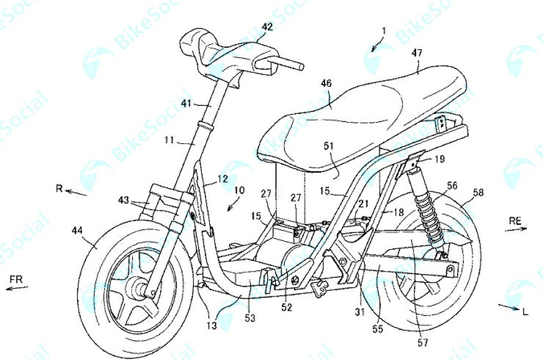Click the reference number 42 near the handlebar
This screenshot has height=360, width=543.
pos(267,27)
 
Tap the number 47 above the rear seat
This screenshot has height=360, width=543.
pos(416,54)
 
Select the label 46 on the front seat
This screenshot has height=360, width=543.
pos(328,82)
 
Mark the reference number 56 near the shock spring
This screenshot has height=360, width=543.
pos(451,185)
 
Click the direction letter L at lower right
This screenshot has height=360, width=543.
pos(526,312)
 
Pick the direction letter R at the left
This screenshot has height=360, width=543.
pos(58,188)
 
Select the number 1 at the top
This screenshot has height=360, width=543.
pos(385,29)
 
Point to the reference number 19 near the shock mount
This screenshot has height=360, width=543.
pos(440,159)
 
